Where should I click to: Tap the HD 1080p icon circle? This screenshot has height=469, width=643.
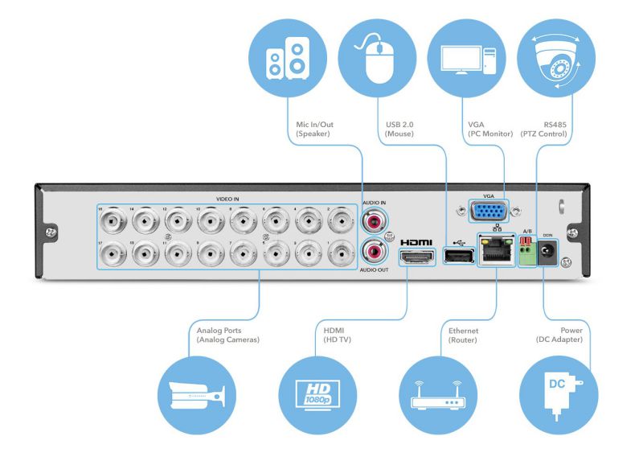317,394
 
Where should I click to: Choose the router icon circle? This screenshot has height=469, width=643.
438,394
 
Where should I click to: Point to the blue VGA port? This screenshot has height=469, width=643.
489,212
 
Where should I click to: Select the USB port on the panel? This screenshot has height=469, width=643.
457,256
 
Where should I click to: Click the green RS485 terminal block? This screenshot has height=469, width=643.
527,253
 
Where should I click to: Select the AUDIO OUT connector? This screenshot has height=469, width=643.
373,253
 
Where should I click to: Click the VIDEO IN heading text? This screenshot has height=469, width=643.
227,198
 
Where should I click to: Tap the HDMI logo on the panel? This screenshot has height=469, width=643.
416,241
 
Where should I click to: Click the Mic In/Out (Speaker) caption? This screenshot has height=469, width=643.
317,129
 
